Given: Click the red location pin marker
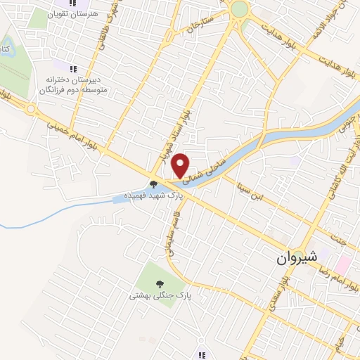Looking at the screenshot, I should [x=181, y=165].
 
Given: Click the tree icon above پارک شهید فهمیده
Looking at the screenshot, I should [x=154, y=184].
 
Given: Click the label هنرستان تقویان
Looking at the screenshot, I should [x=77, y=13].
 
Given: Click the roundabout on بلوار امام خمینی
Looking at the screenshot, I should [x=30, y=109].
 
